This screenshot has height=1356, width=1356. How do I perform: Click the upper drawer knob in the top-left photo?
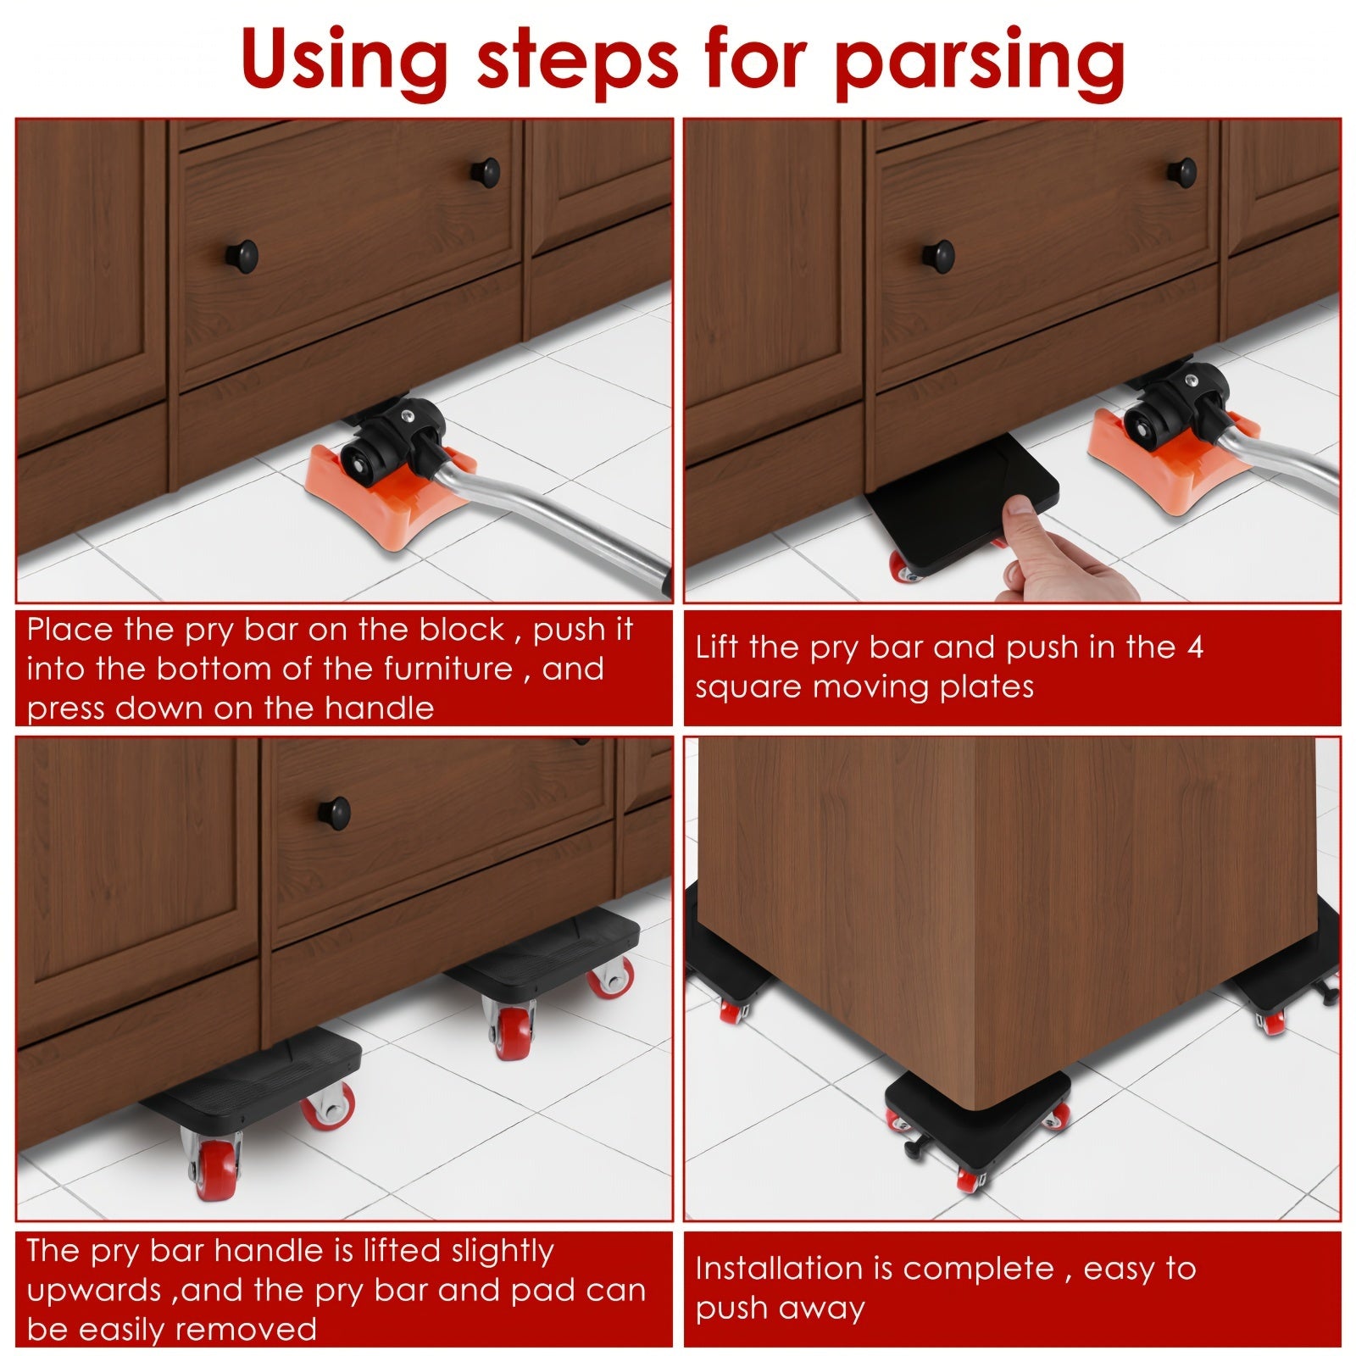pyautogui.click(x=486, y=171)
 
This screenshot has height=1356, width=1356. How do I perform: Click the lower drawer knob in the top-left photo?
pyautogui.click(x=244, y=255)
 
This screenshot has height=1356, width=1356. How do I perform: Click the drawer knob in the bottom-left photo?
pyautogui.click(x=335, y=812)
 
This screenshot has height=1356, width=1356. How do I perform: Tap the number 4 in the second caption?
pyautogui.click(x=1195, y=647)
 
